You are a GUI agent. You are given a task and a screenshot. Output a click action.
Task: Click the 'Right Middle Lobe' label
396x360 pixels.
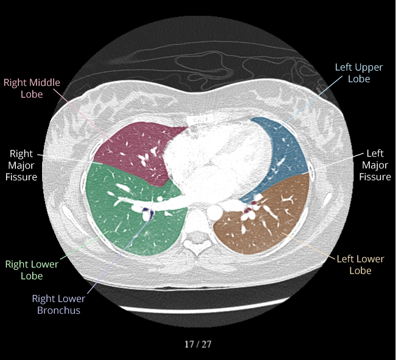(32, 88)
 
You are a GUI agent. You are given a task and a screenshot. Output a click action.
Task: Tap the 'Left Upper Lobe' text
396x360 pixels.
(359, 73)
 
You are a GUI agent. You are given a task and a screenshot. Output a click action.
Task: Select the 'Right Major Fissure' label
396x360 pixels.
(21, 165)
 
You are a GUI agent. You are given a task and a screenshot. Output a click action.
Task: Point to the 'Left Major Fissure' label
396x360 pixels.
(375, 165)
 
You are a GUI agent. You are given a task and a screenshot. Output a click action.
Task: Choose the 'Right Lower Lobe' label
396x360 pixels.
(32, 270)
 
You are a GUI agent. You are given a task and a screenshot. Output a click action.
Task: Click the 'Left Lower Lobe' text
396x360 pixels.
(361, 264)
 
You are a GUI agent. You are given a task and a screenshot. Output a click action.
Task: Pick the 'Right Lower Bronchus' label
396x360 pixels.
(58, 304)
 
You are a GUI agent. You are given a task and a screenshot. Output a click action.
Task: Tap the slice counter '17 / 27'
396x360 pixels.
(198, 344)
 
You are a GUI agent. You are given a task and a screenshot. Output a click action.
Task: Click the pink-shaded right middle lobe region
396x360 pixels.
(134, 152)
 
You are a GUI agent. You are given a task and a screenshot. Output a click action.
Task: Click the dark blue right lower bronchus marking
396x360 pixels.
(150, 214)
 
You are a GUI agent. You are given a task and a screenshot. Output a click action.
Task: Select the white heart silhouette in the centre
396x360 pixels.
(217, 161)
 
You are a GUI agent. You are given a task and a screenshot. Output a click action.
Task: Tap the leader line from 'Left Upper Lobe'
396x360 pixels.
(311, 101)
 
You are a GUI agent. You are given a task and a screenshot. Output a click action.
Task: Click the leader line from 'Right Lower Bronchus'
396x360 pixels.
(119, 255)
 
